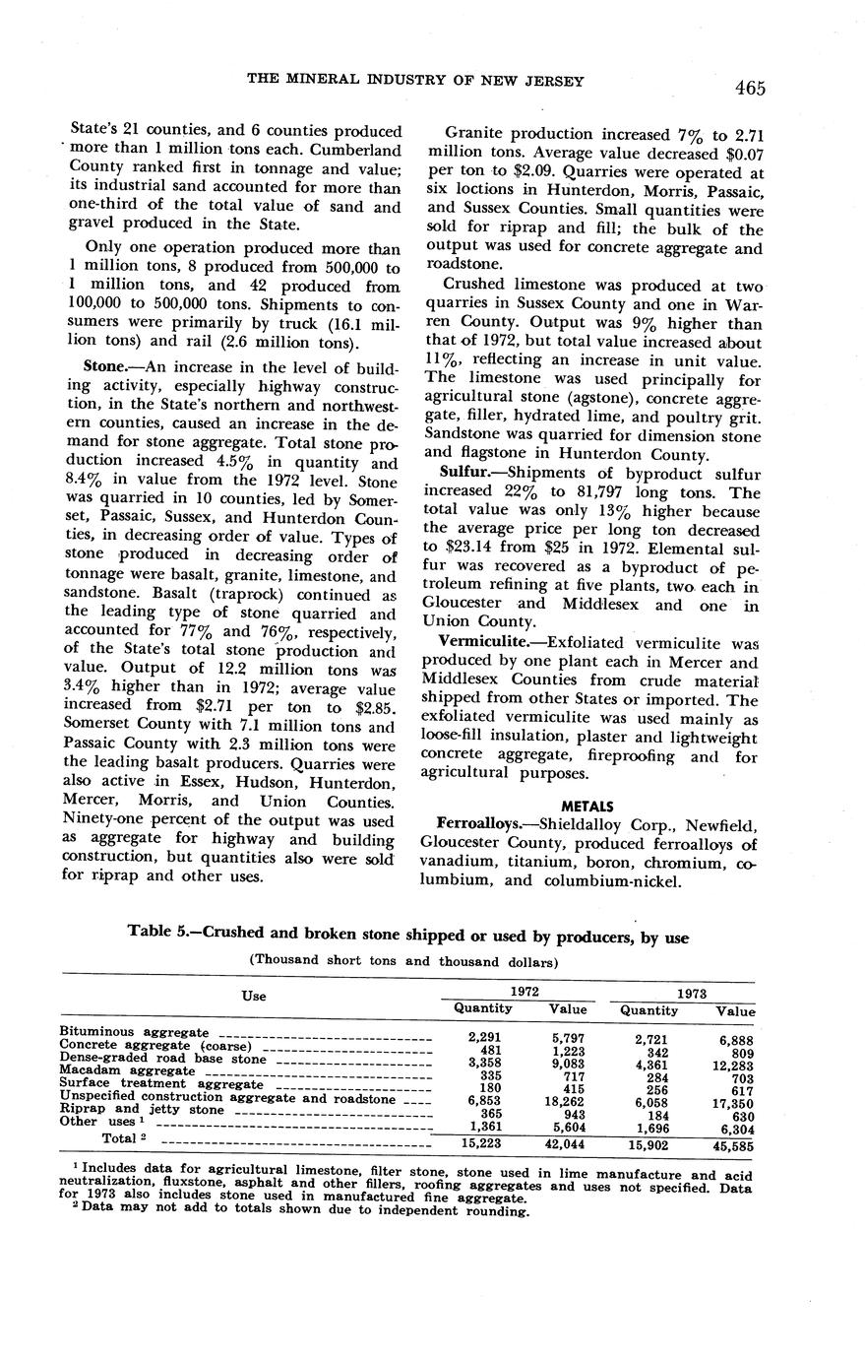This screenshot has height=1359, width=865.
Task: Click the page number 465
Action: pos(749,89)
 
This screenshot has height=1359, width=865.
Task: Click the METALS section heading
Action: pos(588,806)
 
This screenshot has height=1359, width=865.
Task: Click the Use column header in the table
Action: pos(254,996)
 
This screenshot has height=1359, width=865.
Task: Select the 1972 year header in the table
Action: pos(524,992)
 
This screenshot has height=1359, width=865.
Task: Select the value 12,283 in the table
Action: pos(733,1066)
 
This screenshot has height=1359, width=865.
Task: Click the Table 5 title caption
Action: pos(408,938)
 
